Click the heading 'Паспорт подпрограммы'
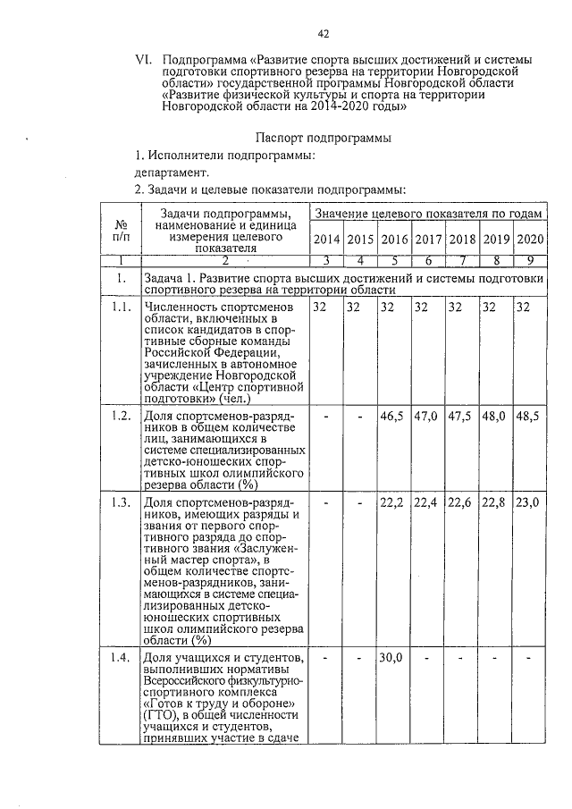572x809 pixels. pyautogui.click(x=313, y=139)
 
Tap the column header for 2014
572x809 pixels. pyautogui.click(x=326, y=239)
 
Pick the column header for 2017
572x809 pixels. pyautogui.click(x=428, y=239)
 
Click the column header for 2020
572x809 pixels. pyautogui.click(x=530, y=239)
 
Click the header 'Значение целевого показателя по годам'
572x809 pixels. pyautogui.click(x=428, y=215)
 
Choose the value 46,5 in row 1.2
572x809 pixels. pyautogui.click(x=393, y=417)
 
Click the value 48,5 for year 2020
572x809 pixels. pyautogui.click(x=528, y=417)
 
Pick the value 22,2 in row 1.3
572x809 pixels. pyautogui.click(x=393, y=503)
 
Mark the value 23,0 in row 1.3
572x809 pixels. pyautogui.click(x=528, y=503)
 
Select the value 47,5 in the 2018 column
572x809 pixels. pyautogui.click(x=461, y=417)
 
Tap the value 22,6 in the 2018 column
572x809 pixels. pyautogui.click(x=461, y=503)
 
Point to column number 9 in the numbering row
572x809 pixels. pyautogui.click(x=530, y=260)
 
